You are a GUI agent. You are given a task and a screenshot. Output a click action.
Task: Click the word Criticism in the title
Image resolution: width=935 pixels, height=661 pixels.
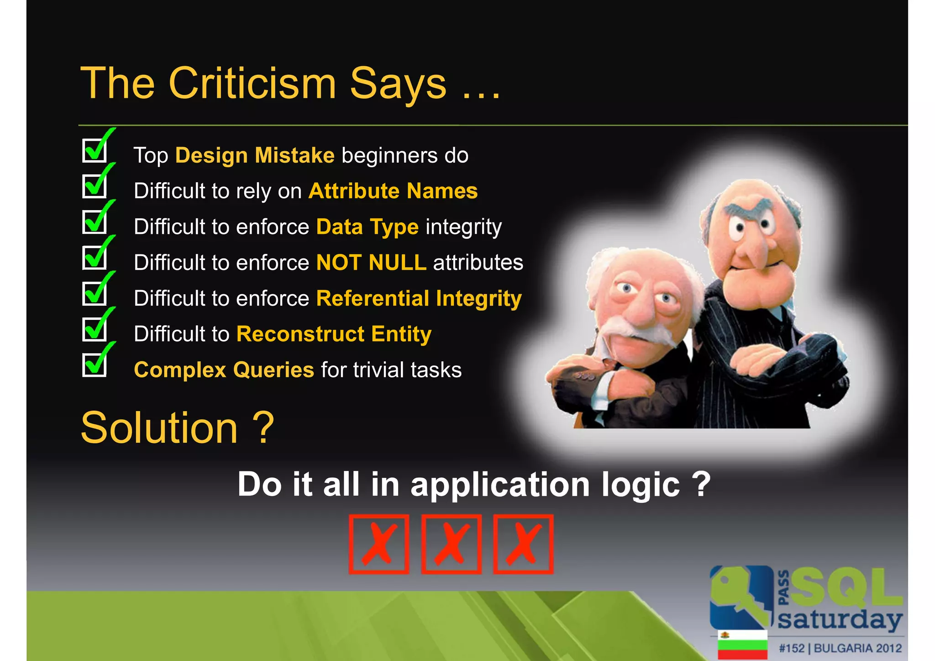pyautogui.click(x=252, y=84)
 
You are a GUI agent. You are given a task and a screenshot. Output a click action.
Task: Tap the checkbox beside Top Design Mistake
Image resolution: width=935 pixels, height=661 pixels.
pyautogui.click(x=95, y=150)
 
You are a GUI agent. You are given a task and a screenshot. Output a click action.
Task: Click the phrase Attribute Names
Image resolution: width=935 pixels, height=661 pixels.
pyautogui.click(x=393, y=191)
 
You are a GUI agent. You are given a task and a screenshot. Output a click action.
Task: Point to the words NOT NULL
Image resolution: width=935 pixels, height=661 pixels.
pyautogui.click(x=371, y=263)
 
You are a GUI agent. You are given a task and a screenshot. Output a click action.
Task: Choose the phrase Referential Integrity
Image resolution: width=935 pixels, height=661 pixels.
pyautogui.click(x=419, y=299)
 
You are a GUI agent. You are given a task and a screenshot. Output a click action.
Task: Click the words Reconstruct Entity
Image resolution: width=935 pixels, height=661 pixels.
pyautogui.click(x=334, y=334)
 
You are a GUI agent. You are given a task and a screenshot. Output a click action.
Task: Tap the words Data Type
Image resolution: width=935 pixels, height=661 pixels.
pyautogui.click(x=367, y=227)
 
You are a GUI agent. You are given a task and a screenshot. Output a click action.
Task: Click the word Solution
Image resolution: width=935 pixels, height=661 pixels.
pyautogui.click(x=159, y=428)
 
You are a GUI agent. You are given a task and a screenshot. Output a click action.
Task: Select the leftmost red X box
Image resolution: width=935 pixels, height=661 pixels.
pyautogui.click(x=378, y=544)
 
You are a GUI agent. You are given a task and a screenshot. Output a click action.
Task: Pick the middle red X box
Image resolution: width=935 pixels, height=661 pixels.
pyautogui.click(x=451, y=544)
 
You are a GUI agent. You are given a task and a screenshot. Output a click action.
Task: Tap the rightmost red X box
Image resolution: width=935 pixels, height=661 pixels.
pyautogui.click(x=523, y=544)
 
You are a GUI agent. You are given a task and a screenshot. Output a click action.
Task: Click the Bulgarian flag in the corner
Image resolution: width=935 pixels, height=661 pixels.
pyautogui.click(x=742, y=645)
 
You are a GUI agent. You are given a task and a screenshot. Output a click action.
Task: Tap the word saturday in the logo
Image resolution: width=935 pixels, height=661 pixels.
pyautogui.click(x=840, y=620)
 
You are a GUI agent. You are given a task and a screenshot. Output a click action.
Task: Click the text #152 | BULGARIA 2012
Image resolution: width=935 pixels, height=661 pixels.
pyautogui.click(x=840, y=648)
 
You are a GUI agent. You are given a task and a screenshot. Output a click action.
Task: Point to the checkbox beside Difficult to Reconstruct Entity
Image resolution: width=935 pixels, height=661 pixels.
pyautogui.click(x=95, y=329)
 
